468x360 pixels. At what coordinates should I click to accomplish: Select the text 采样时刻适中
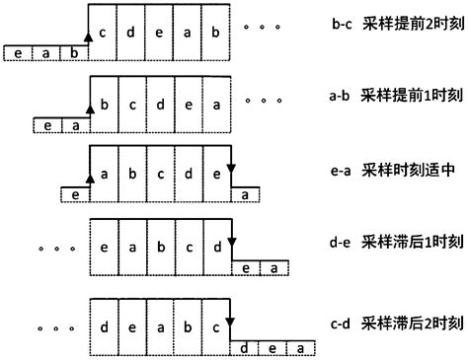(401, 171)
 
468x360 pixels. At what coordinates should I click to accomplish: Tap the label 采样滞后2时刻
(405, 323)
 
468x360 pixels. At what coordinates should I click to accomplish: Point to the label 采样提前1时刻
(405, 96)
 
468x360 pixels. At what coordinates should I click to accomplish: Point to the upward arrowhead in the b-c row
(89, 36)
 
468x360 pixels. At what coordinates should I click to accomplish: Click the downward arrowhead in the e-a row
(230, 167)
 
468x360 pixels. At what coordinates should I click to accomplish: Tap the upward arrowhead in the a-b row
(89, 108)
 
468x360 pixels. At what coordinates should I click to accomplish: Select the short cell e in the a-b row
(45, 125)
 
